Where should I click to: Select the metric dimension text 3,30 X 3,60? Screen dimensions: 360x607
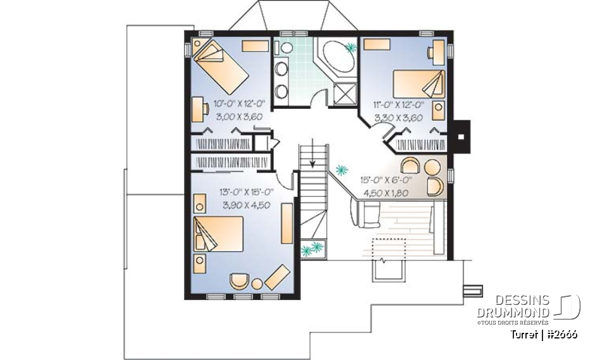[398, 118]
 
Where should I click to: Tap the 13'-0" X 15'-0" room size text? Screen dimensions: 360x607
[246, 192]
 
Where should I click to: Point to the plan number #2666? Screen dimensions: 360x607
[562, 333]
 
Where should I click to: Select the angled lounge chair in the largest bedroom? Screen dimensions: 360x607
[276, 276]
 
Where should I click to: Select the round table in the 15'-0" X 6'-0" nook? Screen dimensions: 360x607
[432, 168]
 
